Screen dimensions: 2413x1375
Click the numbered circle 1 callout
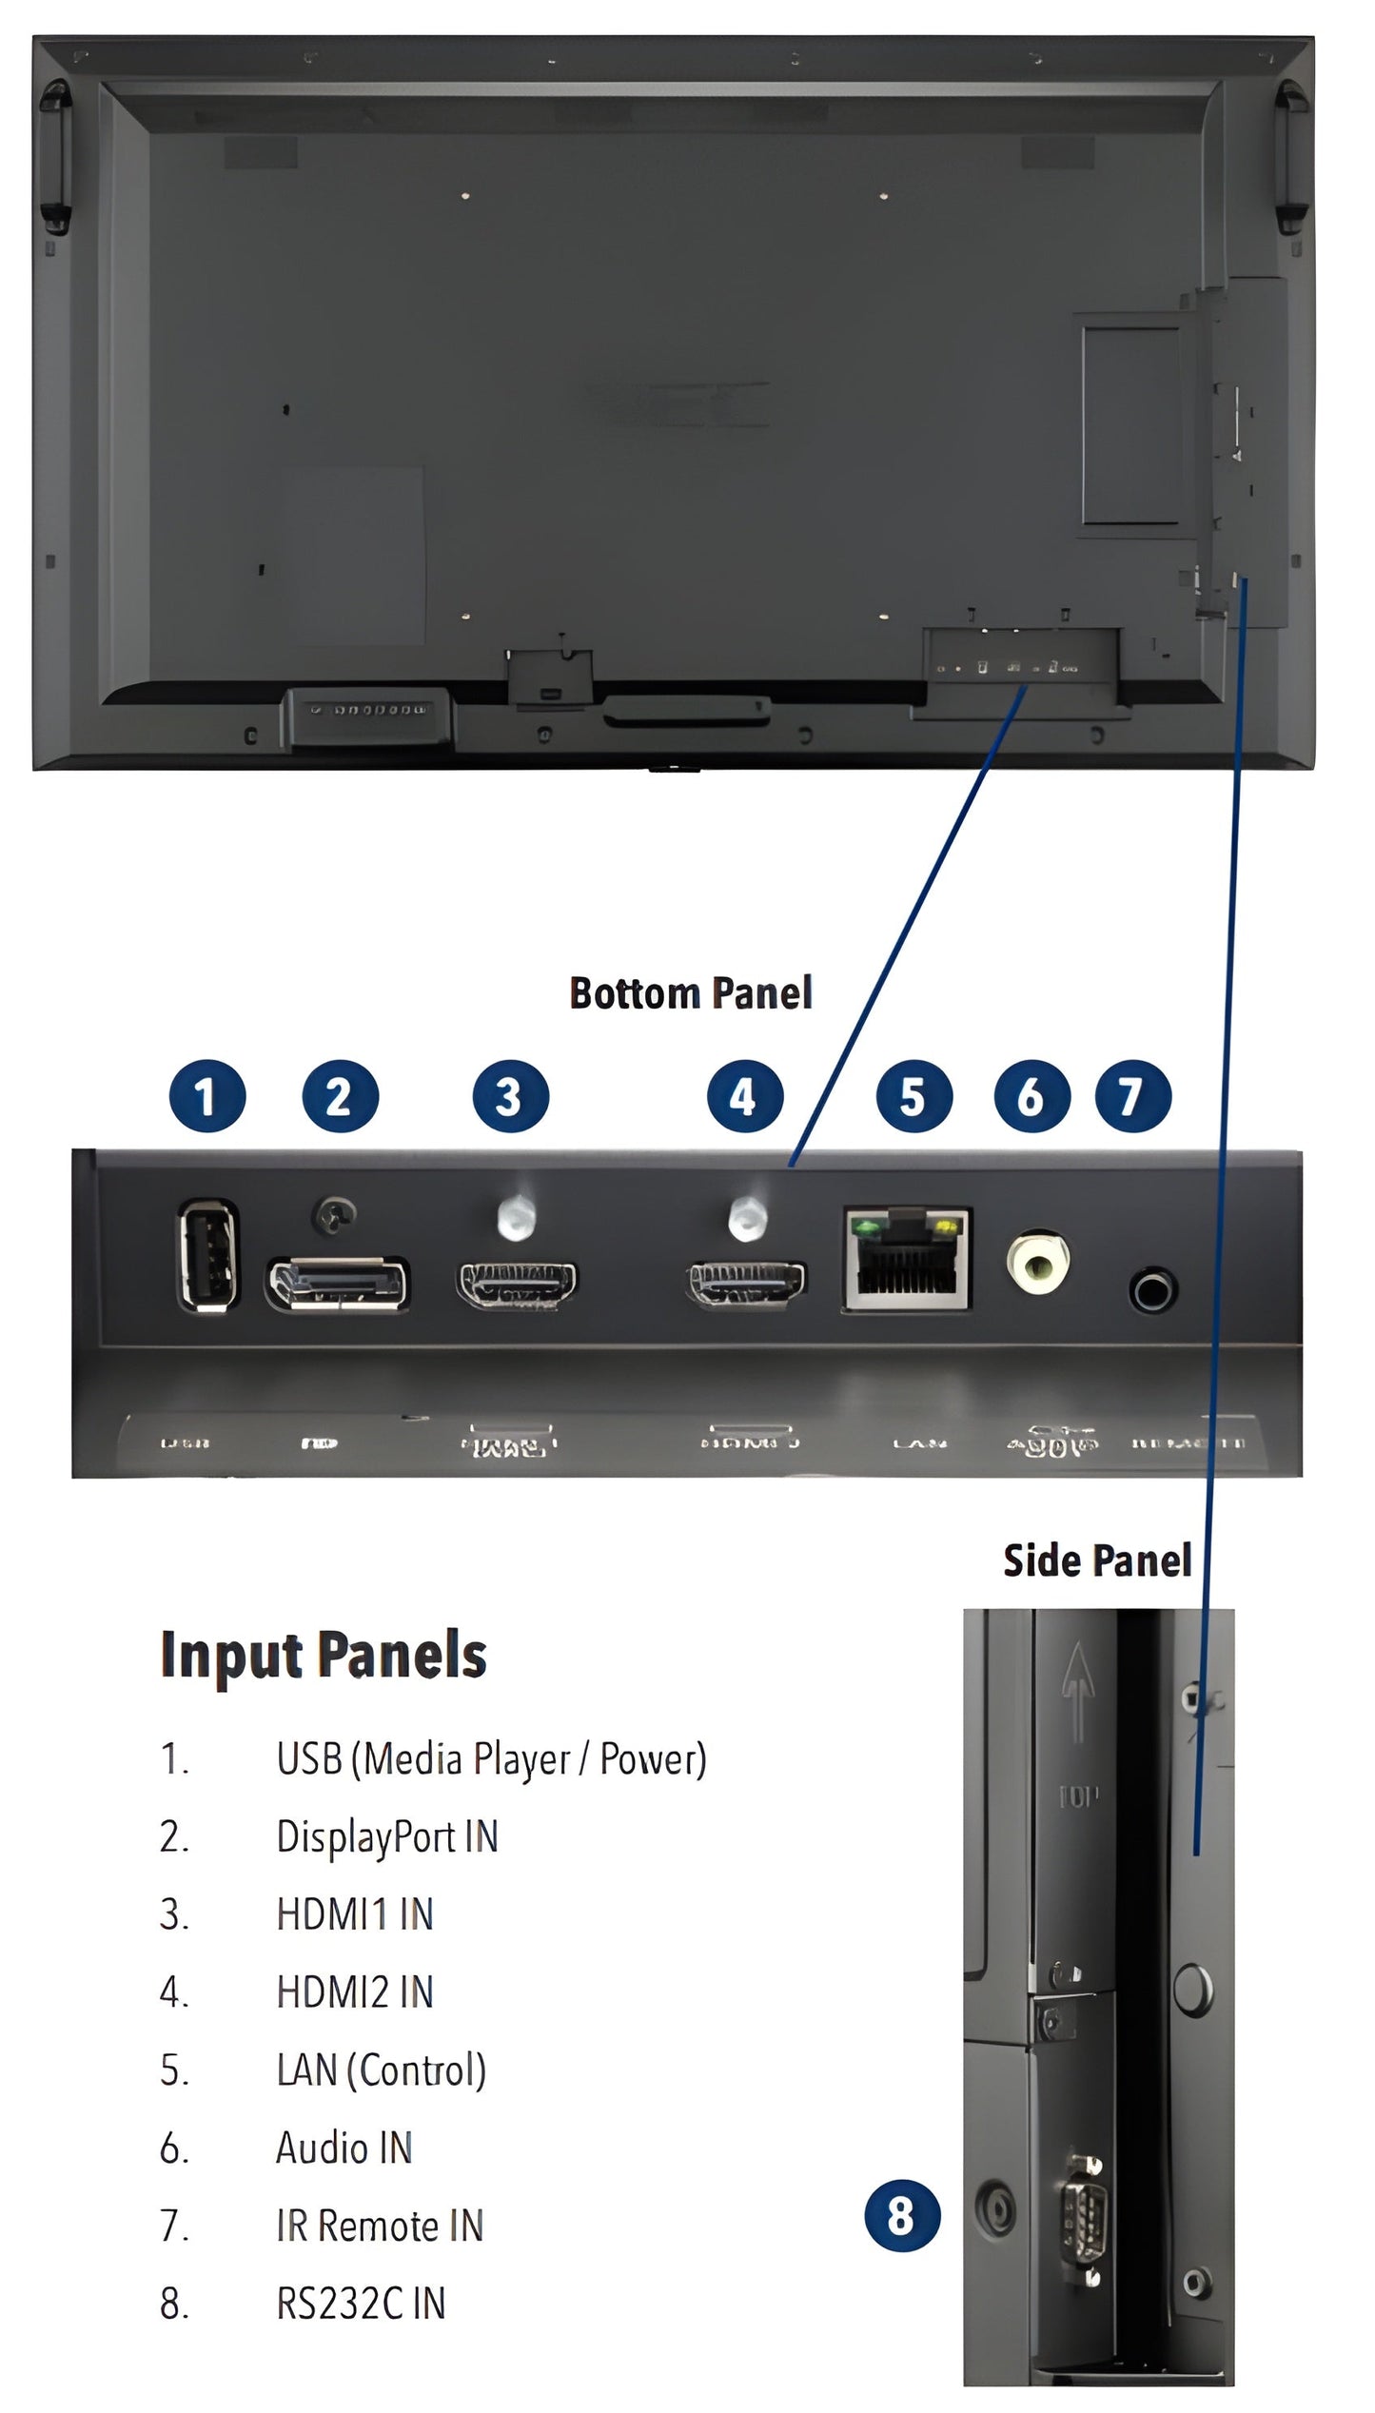click(x=206, y=1096)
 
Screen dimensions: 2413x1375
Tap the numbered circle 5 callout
click(x=913, y=1096)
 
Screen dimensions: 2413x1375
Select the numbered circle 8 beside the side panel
click(x=901, y=2215)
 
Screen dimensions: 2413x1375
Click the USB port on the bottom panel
click(x=207, y=1255)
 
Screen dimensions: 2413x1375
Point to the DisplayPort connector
click(x=338, y=1284)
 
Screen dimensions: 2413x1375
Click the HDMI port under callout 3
click(x=517, y=1285)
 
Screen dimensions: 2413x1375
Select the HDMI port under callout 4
click(x=747, y=1285)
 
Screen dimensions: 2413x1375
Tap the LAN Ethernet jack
click(x=907, y=1260)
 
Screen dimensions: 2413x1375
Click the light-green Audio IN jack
click(x=1037, y=1262)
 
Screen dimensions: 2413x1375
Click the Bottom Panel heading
click(x=690, y=993)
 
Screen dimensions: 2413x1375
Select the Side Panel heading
click(x=1096, y=1561)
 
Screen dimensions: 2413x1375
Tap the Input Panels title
click(x=324, y=1656)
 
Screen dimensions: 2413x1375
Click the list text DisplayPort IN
click(x=386, y=1836)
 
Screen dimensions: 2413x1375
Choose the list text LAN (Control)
click(x=381, y=2070)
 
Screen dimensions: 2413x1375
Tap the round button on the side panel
click(x=1192, y=1988)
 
